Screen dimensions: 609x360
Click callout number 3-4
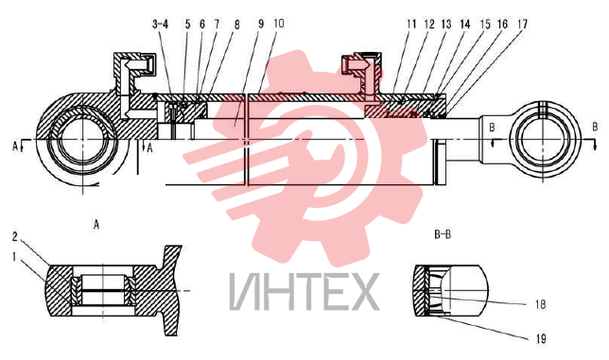[160, 25]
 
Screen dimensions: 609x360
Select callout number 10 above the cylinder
[278, 24]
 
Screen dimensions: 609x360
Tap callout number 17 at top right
[522, 24]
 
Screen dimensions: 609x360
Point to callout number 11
[411, 24]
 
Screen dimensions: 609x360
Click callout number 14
[465, 24]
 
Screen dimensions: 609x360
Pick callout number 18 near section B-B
[540, 304]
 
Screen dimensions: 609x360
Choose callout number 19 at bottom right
[541, 338]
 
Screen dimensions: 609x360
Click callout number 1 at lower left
[14, 257]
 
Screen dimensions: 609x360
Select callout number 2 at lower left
[15, 236]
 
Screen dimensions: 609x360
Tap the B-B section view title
[443, 234]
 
